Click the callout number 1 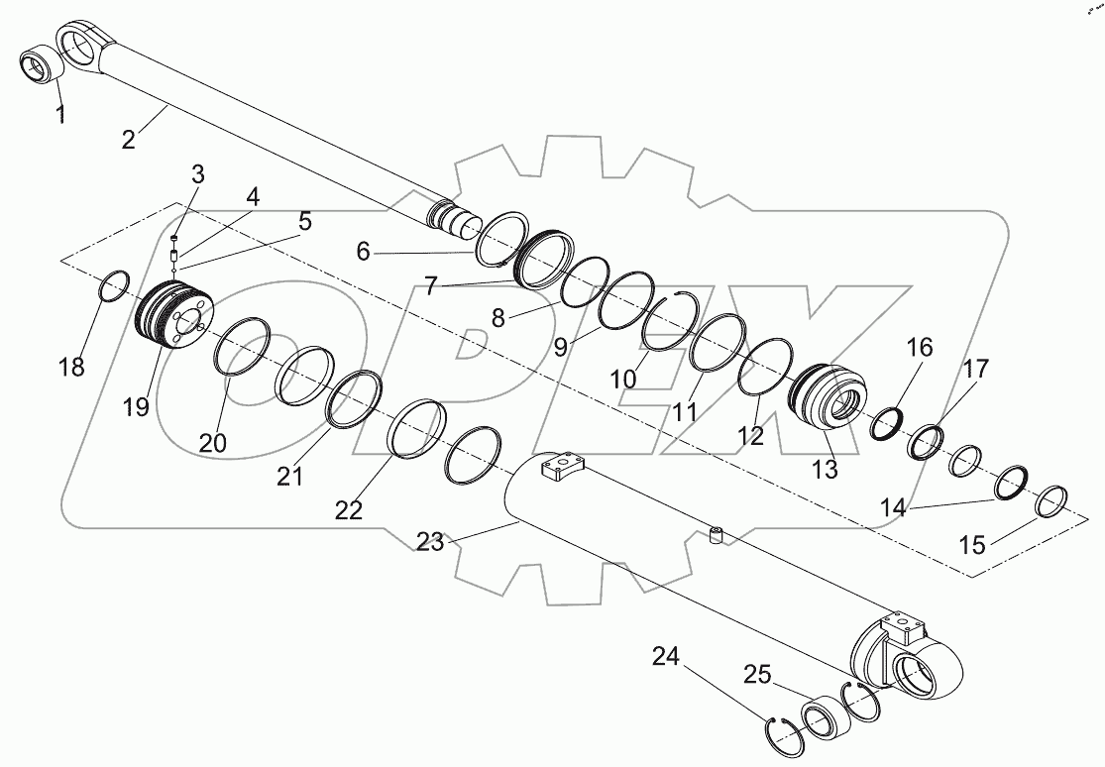(60, 114)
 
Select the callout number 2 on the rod (129, 139)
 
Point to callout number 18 (71, 366)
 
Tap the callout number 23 (429, 541)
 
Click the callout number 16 (920, 347)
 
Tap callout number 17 (975, 370)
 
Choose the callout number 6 (364, 252)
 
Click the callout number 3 (198, 175)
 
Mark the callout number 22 (349, 509)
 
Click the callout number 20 (213, 443)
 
